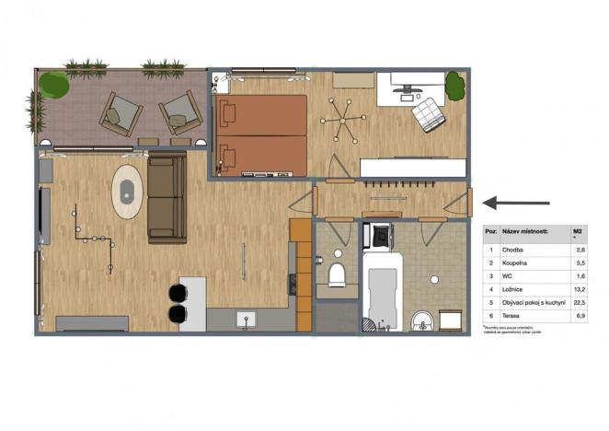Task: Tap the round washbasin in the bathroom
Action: point(422,321)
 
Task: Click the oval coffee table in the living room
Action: point(127,192)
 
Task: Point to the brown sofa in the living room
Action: point(167,198)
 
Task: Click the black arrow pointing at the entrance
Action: point(517,203)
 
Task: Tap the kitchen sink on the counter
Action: point(246,320)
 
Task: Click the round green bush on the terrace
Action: point(54,85)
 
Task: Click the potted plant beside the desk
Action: point(455,86)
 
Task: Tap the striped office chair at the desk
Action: point(427,115)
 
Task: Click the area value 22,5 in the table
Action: point(579,301)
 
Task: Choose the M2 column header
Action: point(578,232)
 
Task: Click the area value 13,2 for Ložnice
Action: point(579,288)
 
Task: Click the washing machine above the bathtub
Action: point(378,236)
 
